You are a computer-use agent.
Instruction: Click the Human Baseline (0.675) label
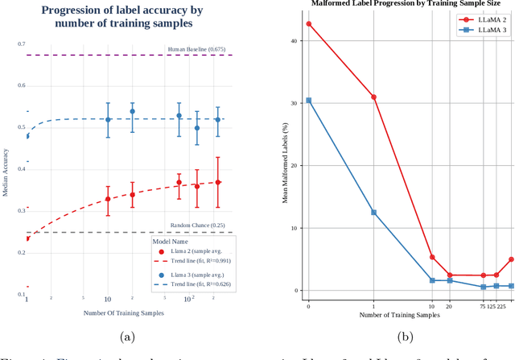point(199,49)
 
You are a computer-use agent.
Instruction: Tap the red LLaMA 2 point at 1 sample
point(373,97)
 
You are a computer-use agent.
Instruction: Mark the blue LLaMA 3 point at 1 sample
point(373,213)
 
